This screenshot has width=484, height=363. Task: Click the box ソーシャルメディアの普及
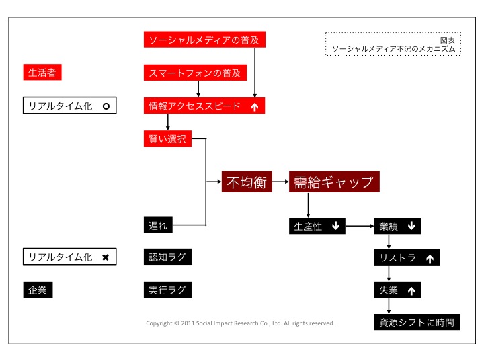205,40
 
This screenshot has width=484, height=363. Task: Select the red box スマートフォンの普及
194,73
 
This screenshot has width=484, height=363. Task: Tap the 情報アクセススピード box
205,106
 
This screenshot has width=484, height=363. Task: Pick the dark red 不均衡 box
247,182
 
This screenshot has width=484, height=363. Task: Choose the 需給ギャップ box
334,182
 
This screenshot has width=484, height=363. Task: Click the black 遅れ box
159,225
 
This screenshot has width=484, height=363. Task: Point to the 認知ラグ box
167,257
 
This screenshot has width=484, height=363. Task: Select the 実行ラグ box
167,290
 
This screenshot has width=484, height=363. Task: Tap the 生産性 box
318,226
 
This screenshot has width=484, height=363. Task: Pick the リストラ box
407,257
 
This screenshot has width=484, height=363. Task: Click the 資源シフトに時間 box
417,322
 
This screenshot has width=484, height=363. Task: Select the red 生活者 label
42,72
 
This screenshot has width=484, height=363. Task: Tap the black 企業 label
38,290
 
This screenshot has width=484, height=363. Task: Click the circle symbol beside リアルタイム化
106,106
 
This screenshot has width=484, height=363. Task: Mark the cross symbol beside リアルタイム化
106,257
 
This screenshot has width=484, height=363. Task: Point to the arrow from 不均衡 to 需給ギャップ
280,182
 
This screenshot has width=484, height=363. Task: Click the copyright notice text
240,323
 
